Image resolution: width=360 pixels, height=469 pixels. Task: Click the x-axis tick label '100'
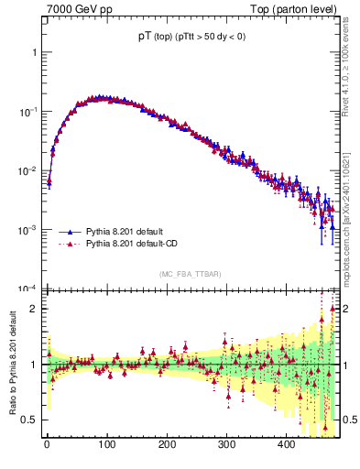(x=106, y=444)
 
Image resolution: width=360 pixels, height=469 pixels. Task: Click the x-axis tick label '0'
(x=47, y=444)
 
